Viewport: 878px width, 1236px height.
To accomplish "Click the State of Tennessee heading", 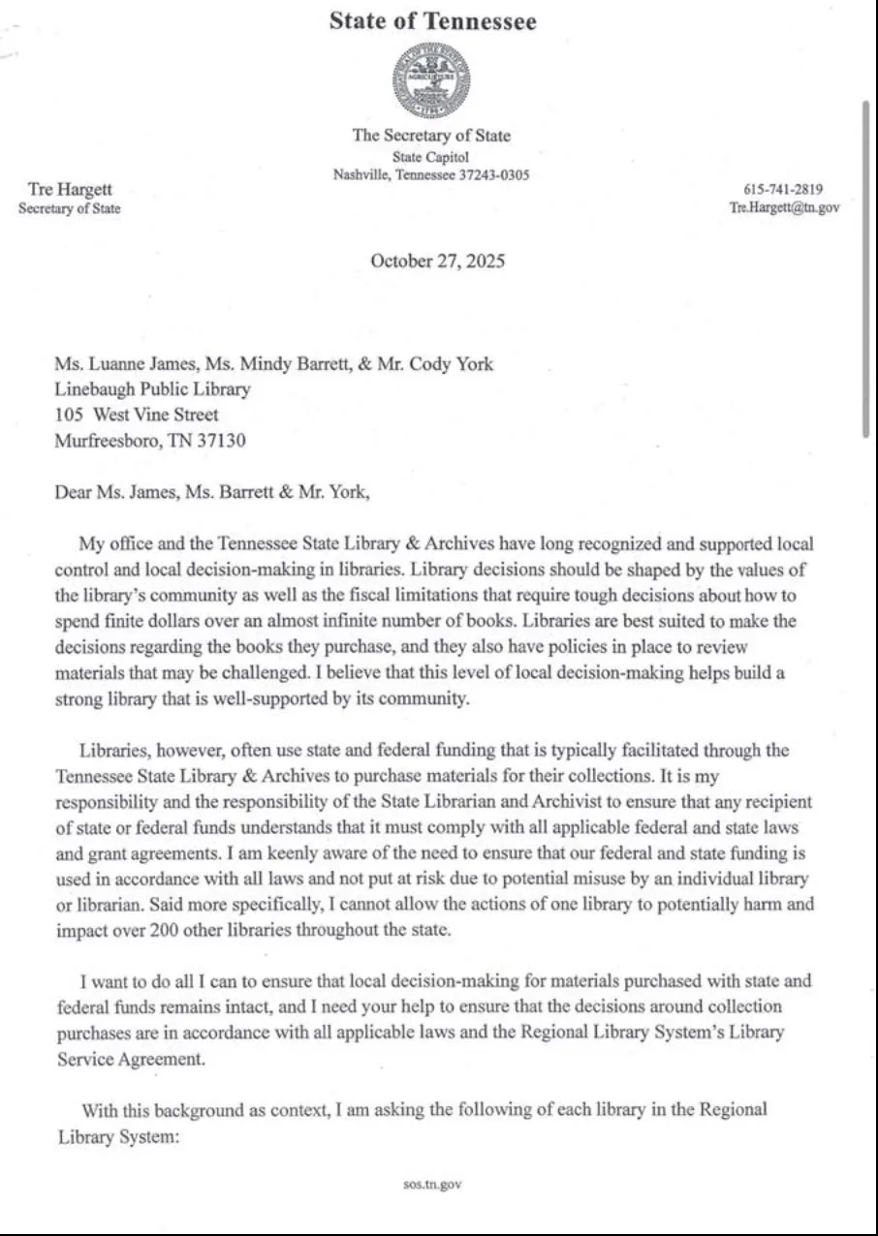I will click(x=432, y=21).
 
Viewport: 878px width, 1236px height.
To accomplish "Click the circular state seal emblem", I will click(x=431, y=82).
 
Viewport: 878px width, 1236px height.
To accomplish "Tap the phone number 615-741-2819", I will click(x=783, y=190).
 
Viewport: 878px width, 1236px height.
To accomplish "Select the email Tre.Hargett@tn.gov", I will click(x=784, y=207).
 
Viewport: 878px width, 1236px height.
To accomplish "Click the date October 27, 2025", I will click(x=437, y=261).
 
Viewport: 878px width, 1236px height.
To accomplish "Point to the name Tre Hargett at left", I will click(x=70, y=190).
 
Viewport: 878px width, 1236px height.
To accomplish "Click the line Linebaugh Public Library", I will click(x=152, y=389).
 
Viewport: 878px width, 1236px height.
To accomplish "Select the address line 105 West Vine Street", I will click(x=137, y=415).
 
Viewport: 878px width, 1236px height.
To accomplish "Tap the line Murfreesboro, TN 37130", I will click(x=150, y=441).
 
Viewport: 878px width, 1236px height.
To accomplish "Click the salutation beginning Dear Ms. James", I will click(x=212, y=491).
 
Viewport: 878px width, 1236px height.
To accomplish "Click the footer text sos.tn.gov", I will click(x=432, y=1184).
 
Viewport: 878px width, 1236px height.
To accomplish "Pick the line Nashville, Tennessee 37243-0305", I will click(x=431, y=175).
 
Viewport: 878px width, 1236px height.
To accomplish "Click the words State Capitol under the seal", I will click(x=431, y=157).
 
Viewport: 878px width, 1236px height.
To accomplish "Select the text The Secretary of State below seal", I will click(x=431, y=136).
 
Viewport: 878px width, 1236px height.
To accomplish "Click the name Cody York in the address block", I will click(x=458, y=364).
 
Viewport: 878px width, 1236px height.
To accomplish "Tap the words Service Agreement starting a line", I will click(x=131, y=1059).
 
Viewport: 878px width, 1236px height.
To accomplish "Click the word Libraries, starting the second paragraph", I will click(x=114, y=751).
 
